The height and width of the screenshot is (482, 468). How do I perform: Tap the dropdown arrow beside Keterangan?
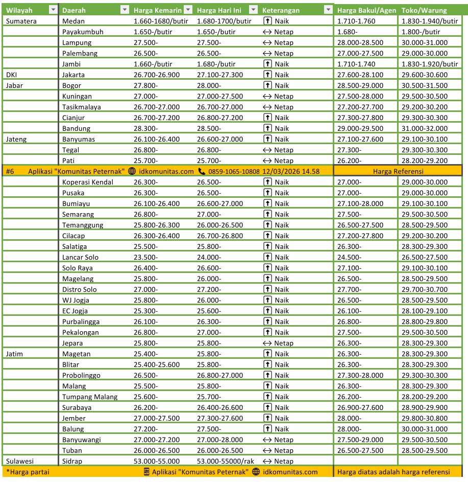(328, 10)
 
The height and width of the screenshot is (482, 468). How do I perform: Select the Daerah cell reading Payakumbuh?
(83, 32)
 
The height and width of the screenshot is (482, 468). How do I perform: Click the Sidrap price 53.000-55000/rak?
(225, 461)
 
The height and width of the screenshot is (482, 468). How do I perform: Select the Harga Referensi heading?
(398, 171)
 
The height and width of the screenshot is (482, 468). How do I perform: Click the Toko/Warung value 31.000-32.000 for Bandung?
(425, 128)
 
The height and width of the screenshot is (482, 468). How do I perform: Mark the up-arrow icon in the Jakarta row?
(267, 75)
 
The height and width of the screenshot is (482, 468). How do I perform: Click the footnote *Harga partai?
(28, 472)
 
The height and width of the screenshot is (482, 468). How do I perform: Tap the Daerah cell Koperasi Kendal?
(88, 182)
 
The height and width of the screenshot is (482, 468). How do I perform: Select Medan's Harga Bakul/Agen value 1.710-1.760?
(356, 21)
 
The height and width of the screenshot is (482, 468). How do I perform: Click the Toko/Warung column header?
(424, 10)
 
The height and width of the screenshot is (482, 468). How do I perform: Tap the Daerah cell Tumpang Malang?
(90, 397)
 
